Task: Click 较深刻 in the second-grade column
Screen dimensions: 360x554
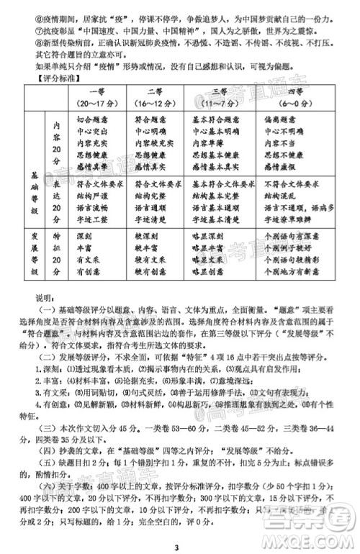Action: point(143,235)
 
